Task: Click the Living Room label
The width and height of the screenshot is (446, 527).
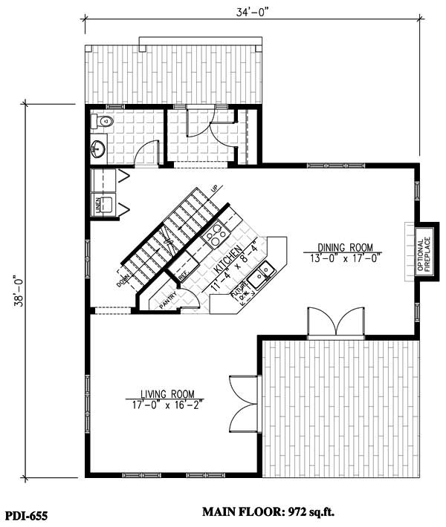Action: coord(167,394)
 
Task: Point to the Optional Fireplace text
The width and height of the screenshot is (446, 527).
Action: coord(423,254)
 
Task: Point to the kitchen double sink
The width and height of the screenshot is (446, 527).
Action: coord(262,275)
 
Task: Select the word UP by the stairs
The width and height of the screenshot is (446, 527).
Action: coord(214,188)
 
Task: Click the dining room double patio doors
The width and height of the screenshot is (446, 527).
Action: coord(337,323)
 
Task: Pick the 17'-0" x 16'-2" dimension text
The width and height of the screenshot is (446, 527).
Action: coord(167,405)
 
